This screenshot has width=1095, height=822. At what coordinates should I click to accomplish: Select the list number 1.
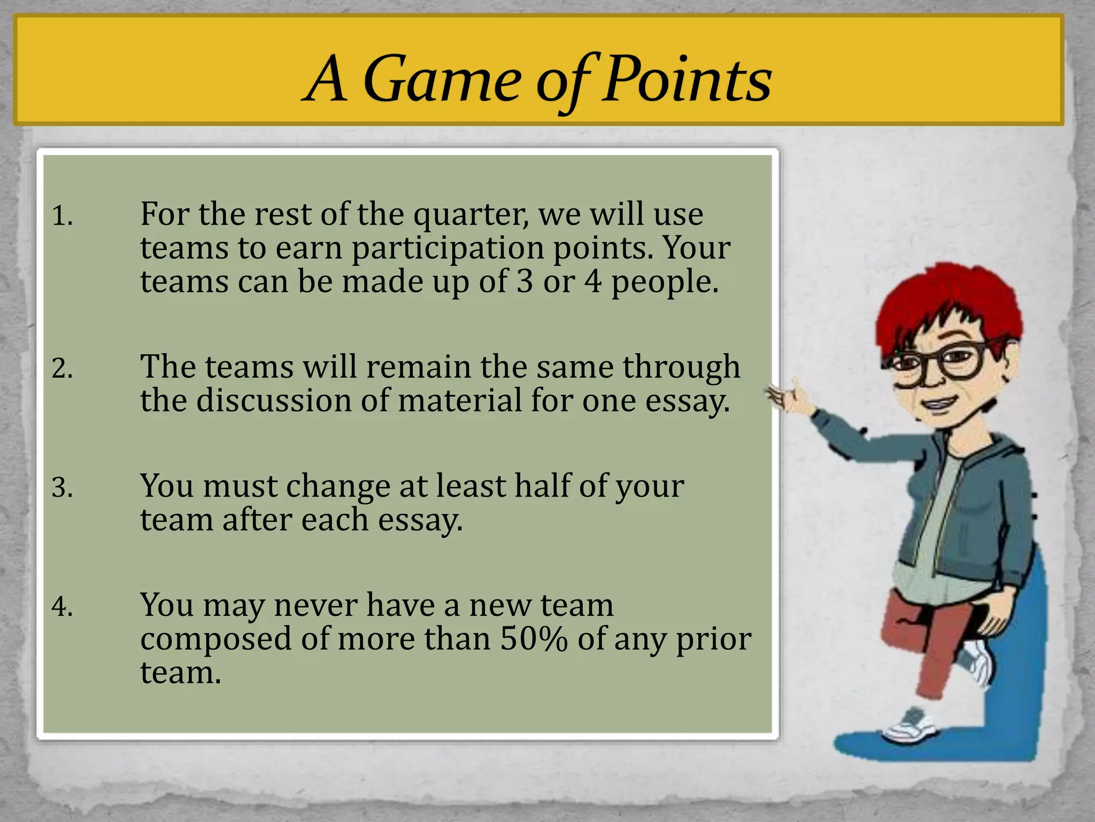click(x=61, y=216)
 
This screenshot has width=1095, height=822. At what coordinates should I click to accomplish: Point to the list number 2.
click(x=62, y=369)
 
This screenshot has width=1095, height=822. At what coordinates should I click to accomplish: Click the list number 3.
click(x=62, y=488)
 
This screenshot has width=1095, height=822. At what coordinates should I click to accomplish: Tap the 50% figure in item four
click(x=533, y=640)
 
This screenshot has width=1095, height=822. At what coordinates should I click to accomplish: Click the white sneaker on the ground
click(x=909, y=728)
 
